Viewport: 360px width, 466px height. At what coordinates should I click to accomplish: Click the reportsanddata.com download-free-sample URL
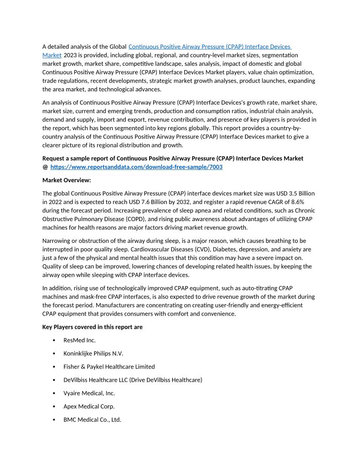(x=136, y=167)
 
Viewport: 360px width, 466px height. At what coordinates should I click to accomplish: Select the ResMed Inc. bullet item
(x=79, y=340)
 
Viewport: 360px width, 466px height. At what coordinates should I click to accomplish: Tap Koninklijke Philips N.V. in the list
(x=93, y=353)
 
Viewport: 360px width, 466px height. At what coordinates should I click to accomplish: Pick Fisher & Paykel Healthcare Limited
(x=109, y=367)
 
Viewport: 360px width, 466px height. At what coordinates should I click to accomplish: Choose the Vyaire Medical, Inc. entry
(x=89, y=393)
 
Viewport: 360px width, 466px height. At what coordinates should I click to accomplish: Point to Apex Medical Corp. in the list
(x=89, y=406)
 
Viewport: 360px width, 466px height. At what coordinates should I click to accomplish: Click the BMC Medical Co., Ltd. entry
(x=92, y=420)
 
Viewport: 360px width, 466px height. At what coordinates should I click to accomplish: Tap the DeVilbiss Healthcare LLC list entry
(x=132, y=380)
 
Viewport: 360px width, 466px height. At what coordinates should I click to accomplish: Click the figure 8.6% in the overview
(x=295, y=202)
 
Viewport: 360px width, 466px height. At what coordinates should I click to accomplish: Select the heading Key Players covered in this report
(x=92, y=327)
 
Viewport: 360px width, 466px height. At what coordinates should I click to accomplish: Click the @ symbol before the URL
(x=45, y=167)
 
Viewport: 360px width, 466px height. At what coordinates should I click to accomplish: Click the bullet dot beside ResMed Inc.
(x=54, y=340)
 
